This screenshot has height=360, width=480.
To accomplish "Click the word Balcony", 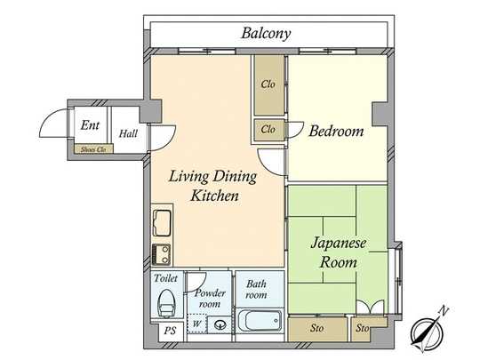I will click(x=267, y=34).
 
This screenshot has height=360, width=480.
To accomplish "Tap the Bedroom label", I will click(x=336, y=132).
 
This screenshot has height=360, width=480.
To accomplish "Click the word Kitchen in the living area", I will click(x=212, y=195).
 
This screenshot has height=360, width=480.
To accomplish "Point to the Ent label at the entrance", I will click(x=90, y=125).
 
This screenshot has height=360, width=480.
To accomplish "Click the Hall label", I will click(x=128, y=133).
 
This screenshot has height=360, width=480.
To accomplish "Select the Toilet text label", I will click(x=166, y=277).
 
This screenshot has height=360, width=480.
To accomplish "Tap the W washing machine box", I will click(x=197, y=324).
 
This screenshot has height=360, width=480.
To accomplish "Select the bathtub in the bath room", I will click(x=259, y=322).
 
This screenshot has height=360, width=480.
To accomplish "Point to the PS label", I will click(x=168, y=331).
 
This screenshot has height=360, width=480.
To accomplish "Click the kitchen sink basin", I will click(x=163, y=221).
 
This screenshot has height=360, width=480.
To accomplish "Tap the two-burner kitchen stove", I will click(x=162, y=253).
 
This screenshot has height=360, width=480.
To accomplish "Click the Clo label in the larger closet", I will click(x=268, y=84).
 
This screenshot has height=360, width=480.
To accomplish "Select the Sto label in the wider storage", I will click(x=317, y=329).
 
